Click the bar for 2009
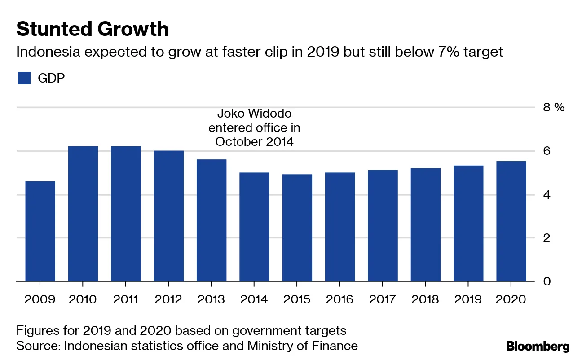[x=40, y=231]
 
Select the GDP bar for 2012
[x=168, y=216]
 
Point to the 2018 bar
[x=425, y=225]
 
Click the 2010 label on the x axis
[x=83, y=299]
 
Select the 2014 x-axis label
[x=254, y=299]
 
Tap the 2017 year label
[x=383, y=299]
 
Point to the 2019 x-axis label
[x=468, y=299]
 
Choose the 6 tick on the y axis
[x=547, y=151]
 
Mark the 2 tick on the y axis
[x=547, y=238]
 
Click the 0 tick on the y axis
[x=547, y=281]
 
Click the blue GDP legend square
[x=24, y=78]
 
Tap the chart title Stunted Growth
[x=93, y=29]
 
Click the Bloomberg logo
[x=538, y=346]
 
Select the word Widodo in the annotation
[x=272, y=113]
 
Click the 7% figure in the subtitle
[x=442, y=52]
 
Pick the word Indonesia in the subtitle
[x=48, y=52]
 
